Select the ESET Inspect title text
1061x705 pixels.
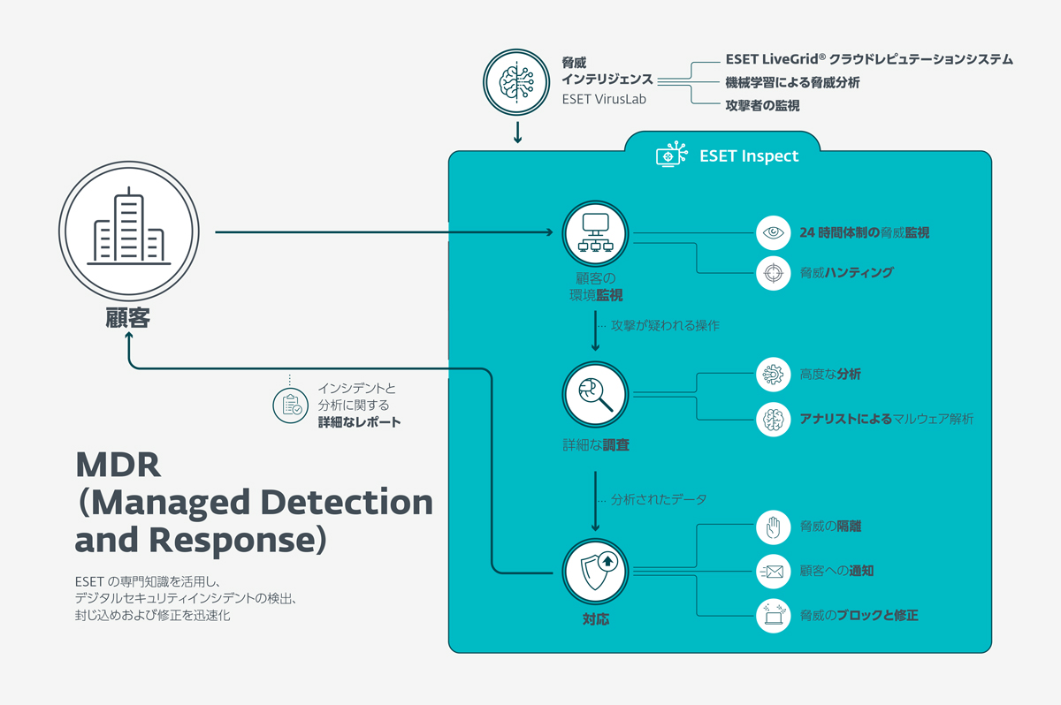[x=748, y=156]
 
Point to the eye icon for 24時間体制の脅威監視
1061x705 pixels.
[x=774, y=233]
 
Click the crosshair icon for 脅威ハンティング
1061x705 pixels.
[x=774, y=273]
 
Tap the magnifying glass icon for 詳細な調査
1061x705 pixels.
[x=595, y=393]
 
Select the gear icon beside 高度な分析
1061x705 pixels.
[x=774, y=375]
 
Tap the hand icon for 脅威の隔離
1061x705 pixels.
[x=774, y=527]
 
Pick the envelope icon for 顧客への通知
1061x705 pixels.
[x=774, y=572]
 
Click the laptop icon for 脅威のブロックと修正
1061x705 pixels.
[x=774, y=615]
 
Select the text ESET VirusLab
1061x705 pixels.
[x=604, y=100]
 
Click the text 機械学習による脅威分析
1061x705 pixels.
[x=792, y=83]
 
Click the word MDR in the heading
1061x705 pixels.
[x=117, y=464]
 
